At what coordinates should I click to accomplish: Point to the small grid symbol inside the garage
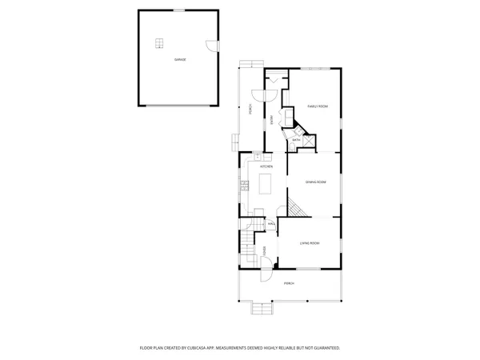[x=159, y=44]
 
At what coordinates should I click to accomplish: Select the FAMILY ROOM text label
[x=318, y=106]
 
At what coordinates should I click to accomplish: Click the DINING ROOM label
[x=314, y=182]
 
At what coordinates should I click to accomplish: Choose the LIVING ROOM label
[x=310, y=242]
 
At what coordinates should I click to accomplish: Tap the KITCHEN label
[x=265, y=166]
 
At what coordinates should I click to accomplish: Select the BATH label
[x=295, y=140]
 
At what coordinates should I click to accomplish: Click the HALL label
[x=271, y=223]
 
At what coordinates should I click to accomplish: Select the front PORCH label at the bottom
[x=289, y=283]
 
